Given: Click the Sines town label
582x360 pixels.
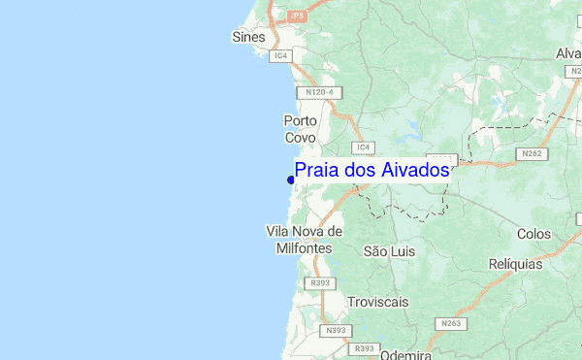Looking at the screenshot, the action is pyautogui.click(x=248, y=37).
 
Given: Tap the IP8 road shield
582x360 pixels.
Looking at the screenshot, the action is pyautogui.click(x=297, y=16).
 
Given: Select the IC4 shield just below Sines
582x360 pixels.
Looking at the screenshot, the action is pyautogui.click(x=281, y=56).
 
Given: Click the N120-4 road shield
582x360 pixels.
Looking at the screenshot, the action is pyautogui.click(x=319, y=92).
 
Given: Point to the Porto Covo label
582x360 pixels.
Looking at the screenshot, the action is pyautogui.click(x=301, y=129).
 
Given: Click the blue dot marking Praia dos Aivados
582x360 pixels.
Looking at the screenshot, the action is pyautogui.click(x=291, y=180).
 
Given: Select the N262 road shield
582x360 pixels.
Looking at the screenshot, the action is pyautogui.click(x=532, y=153).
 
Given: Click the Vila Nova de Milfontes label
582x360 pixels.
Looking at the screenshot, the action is pyautogui.click(x=304, y=240).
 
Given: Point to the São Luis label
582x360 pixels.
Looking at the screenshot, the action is pyautogui.click(x=388, y=250).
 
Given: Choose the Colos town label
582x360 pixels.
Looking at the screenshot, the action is pyautogui.click(x=533, y=234).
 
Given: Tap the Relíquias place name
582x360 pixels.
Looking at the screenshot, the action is pyautogui.click(x=516, y=263).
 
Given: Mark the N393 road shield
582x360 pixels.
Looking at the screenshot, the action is pyautogui.click(x=336, y=331).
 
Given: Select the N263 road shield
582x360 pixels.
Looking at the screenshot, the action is pyautogui.click(x=450, y=323).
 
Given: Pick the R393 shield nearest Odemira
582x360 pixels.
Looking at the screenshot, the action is pyautogui.click(x=365, y=348).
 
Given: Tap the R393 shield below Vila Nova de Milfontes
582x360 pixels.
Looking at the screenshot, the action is pyautogui.click(x=319, y=282).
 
